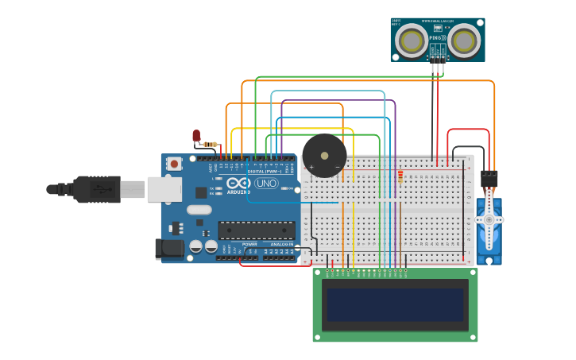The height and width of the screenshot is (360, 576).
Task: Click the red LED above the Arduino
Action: point(196,136)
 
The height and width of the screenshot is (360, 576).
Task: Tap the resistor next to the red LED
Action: point(211,144)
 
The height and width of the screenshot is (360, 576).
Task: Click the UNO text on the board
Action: point(265,184)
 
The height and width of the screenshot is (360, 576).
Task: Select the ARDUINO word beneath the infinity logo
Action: point(238,192)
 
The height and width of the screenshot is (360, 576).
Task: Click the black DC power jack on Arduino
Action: point(169,248)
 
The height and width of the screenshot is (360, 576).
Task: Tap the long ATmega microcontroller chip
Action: point(257,230)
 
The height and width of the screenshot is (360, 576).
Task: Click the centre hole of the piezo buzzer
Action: point(324,155)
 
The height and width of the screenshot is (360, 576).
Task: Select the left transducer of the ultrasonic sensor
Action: point(412,39)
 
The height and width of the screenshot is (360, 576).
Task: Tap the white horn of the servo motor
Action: point(489,219)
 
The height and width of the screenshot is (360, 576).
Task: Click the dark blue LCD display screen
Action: point(396,304)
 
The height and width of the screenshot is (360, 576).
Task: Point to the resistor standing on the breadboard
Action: point(400,176)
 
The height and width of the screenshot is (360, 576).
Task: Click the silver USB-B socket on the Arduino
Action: point(164,189)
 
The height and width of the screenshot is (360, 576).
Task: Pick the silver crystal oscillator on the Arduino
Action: point(199,210)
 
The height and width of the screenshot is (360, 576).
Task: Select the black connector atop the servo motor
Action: point(489,179)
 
